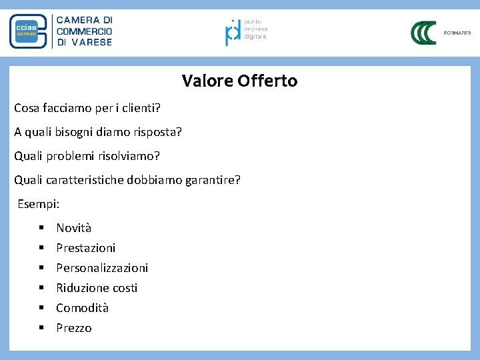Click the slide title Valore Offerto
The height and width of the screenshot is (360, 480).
[x=239, y=81]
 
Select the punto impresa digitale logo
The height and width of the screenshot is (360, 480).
[x=233, y=31]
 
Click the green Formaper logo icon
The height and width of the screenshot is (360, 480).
[x=423, y=33]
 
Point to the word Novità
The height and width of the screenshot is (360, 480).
[x=73, y=228]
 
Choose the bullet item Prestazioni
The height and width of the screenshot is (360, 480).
[x=85, y=248]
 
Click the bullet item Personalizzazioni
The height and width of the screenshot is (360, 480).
[x=102, y=268]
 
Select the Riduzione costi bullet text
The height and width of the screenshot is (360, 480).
[x=97, y=288]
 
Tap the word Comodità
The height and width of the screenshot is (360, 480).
[x=82, y=308]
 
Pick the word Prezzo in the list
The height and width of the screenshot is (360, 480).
[x=74, y=328]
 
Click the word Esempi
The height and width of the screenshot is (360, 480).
[x=38, y=204]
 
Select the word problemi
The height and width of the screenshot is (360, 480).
[x=75, y=157]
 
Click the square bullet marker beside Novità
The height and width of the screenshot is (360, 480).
[x=41, y=228]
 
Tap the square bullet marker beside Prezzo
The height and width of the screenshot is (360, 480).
[x=41, y=328]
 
